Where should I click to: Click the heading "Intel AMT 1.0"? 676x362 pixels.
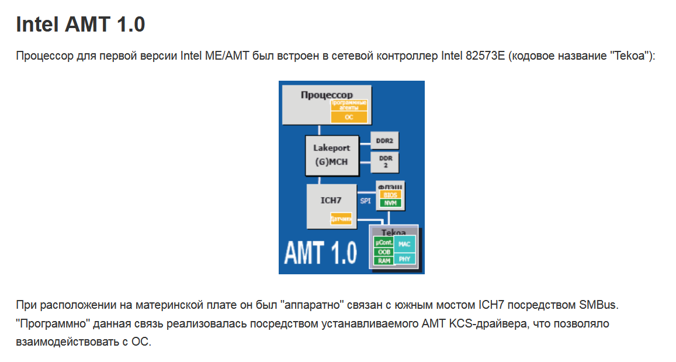(x=81, y=24)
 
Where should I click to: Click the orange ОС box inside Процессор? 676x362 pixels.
(x=349, y=117)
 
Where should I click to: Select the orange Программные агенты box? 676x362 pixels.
(x=349, y=105)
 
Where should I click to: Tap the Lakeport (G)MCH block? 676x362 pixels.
(x=331, y=155)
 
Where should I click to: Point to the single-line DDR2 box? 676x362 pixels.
(x=384, y=141)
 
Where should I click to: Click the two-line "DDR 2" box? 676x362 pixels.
(x=385, y=161)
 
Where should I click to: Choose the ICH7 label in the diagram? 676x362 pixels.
(x=331, y=200)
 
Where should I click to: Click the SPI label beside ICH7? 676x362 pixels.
(x=365, y=201)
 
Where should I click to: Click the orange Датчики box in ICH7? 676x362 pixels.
(x=341, y=219)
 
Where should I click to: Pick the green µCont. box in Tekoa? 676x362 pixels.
(x=384, y=242)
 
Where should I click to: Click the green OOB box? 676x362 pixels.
(x=384, y=252)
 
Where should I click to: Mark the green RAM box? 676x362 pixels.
(x=384, y=261)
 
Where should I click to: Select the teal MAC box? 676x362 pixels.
(x=405, y=244)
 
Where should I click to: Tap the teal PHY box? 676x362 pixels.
(x=405, y=258)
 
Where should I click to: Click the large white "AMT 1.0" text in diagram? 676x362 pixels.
(x=320, y=252)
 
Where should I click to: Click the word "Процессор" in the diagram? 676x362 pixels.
(x=327, y=95)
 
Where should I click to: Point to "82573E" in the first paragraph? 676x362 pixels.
(x=486, y=57)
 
